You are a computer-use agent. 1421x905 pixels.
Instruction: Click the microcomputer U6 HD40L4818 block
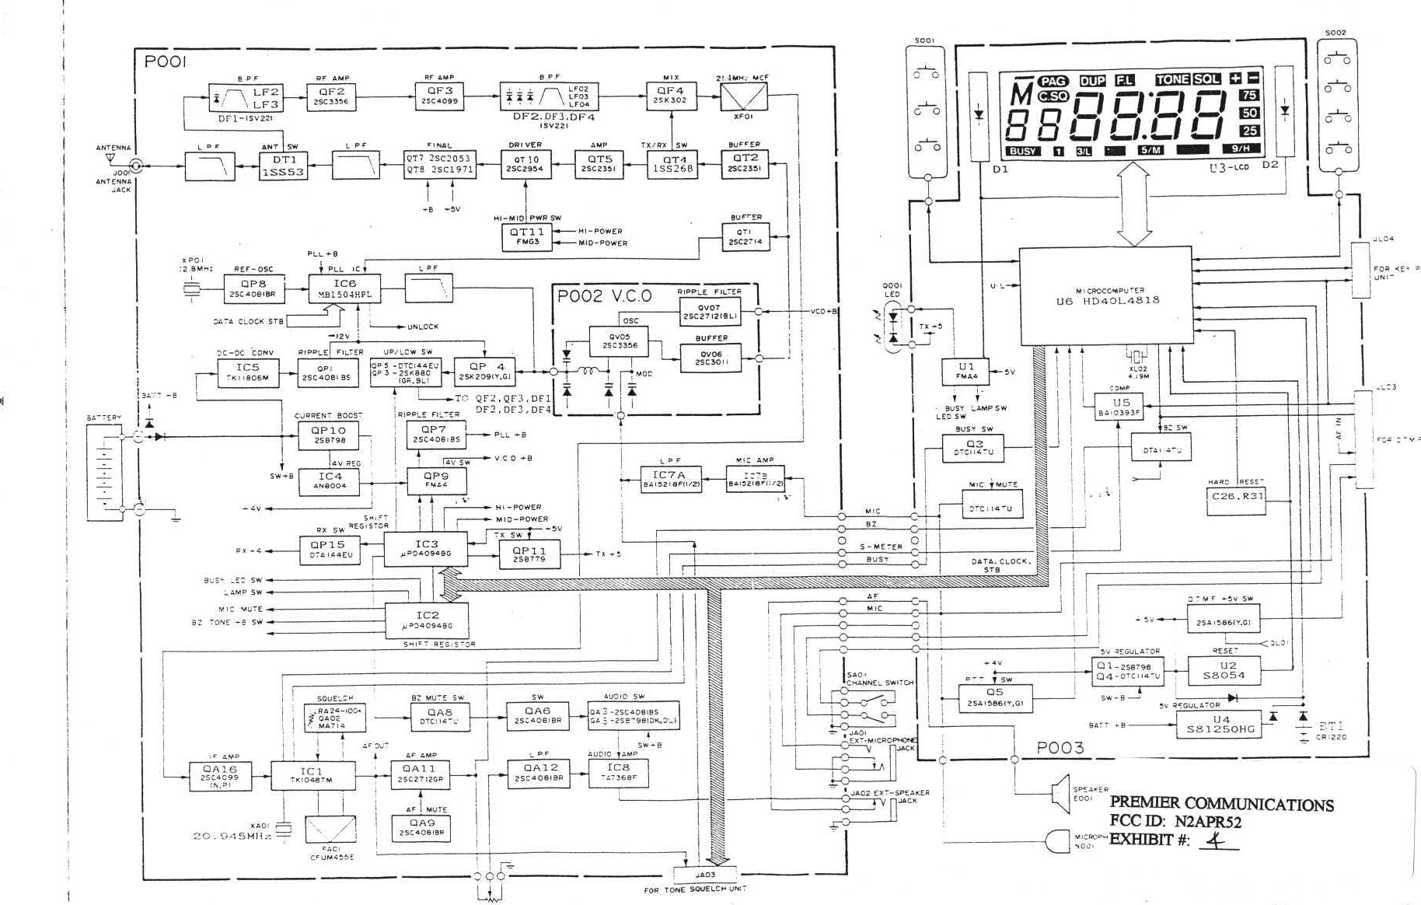[x=1105, y=295]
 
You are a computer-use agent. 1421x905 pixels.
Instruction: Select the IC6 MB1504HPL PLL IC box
[x=344, y=289]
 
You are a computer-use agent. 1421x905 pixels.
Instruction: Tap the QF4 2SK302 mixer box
[x=671, y=95]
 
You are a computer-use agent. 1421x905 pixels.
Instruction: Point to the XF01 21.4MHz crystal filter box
[x=743, y=96]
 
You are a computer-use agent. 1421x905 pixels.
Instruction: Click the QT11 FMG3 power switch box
[x=527, y=236]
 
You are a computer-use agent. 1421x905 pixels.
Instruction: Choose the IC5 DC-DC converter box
[x=247, y=372]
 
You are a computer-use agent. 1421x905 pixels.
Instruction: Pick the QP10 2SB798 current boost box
[x=328, y=435]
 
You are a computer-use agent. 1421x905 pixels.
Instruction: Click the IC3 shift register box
[x=426, y=549]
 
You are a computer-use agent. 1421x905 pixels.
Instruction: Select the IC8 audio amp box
[x=618, y=771]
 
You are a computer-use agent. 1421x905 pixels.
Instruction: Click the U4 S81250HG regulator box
[x=1219, y=725]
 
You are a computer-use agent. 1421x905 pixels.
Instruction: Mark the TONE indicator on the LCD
[x=1171, y=79]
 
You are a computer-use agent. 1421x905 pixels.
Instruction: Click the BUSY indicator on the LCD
[x=1023, y=151]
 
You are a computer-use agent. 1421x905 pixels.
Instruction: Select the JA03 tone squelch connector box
[x=704, y=875]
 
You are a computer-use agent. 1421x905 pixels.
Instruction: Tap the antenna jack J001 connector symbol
[x=137, y=165]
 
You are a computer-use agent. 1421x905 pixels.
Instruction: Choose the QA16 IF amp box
[x=221, y=776]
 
